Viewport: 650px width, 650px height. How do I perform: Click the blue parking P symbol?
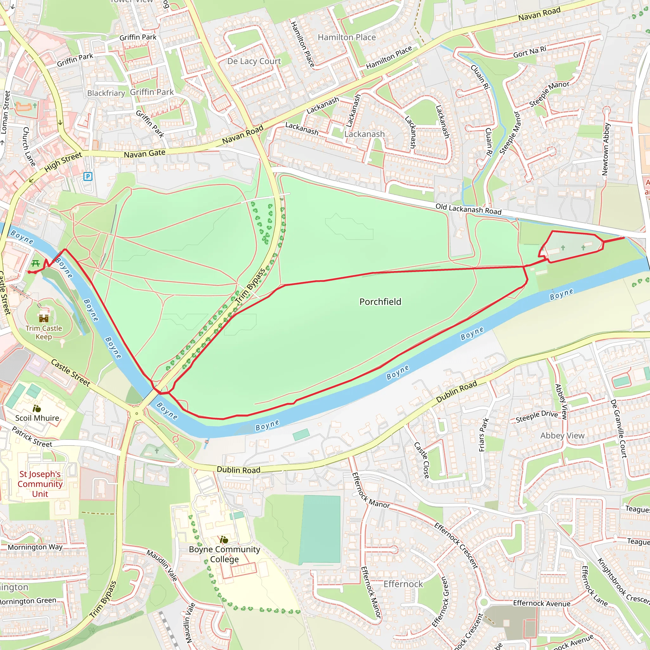click(x=88, y=176)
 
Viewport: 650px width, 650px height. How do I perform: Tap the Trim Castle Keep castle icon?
click(x=44, y=318)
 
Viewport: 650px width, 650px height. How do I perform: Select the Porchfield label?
click(x=380, y=302)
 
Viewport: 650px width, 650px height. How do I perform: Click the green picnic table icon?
click(x=36, y=263)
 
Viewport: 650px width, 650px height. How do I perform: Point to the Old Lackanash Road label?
click(x=468, y=209)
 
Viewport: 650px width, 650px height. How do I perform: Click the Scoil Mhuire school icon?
click(x=37, y=409)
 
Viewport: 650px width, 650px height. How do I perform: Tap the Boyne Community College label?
click(x=224, y=554)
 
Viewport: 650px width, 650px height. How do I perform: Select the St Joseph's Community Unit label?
click(x=40, y=484)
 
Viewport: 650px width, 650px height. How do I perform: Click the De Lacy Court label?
click(x=254, y=61)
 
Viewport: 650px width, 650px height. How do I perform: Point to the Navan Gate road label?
click(x=144, y=153)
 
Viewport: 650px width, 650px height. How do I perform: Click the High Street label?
click(x=63, y=162)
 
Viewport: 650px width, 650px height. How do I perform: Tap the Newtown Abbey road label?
click(x=606, y=149)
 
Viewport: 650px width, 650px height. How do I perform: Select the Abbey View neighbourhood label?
click(x=562, y=435)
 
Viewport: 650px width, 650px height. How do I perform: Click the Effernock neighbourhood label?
click(x=403, y=584)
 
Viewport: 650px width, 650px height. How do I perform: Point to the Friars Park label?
click(x=483, y=434)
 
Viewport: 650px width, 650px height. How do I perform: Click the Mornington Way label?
click(x=35, y=547)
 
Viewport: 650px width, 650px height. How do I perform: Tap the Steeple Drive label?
click(x=537, y=416)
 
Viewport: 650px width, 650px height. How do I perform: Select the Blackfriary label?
click(x=106, y=93)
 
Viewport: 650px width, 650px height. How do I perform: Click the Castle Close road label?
click(x=421, y=460)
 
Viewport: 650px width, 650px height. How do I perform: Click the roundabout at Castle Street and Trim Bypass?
click(x=136, y=414)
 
